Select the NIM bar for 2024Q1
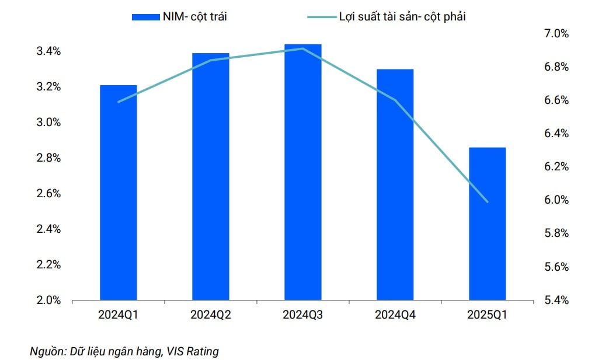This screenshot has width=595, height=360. (118, 193)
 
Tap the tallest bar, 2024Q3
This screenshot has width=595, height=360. (302, 172)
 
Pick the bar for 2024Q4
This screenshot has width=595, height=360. (395, 184)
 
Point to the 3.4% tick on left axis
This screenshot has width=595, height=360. (48, 51)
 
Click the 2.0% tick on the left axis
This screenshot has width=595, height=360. (48, 300)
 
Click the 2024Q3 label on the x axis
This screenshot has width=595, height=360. (302, 316)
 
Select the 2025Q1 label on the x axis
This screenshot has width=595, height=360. (487, 316)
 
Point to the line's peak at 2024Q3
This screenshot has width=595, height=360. (302, 48)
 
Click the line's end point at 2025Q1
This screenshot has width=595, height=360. (487, 202)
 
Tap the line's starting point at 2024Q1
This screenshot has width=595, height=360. (118, 102)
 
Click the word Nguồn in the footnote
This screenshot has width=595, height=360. (47, 352)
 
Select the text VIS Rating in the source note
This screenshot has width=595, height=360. (192, 352)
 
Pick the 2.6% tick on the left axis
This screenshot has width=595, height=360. (48, 194)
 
